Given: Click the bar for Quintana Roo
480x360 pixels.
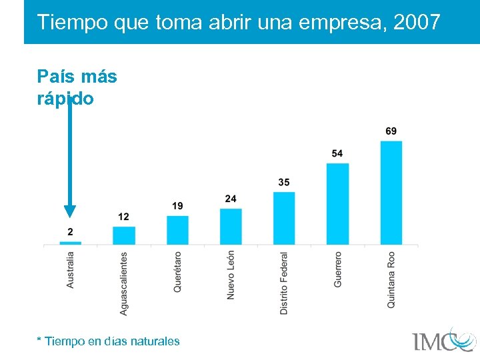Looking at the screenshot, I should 391,193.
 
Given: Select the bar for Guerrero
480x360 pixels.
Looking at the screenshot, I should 337,204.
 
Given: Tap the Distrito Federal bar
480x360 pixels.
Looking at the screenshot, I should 284,218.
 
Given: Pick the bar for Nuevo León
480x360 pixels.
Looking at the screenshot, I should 231,227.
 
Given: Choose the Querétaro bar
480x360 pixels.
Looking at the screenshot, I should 177,230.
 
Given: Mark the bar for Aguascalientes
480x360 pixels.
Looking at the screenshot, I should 124,235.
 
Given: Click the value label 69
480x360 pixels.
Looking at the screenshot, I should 391,131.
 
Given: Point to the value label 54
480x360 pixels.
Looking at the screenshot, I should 337,154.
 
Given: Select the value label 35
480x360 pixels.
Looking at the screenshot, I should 284,183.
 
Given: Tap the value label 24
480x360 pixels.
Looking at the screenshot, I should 231,199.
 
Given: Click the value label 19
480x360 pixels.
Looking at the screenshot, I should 177,206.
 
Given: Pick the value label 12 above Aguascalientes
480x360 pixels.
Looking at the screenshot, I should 124,217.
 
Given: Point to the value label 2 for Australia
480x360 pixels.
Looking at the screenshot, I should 70,231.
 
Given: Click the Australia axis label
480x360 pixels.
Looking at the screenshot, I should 71,269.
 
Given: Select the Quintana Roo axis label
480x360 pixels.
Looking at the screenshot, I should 391,279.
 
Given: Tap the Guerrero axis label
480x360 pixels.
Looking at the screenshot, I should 337,269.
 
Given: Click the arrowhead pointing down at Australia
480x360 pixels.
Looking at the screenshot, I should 70,211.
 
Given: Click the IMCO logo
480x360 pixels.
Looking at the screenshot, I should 443,339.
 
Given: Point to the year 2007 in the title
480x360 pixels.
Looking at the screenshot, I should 417,22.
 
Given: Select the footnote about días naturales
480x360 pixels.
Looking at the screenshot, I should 109,341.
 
